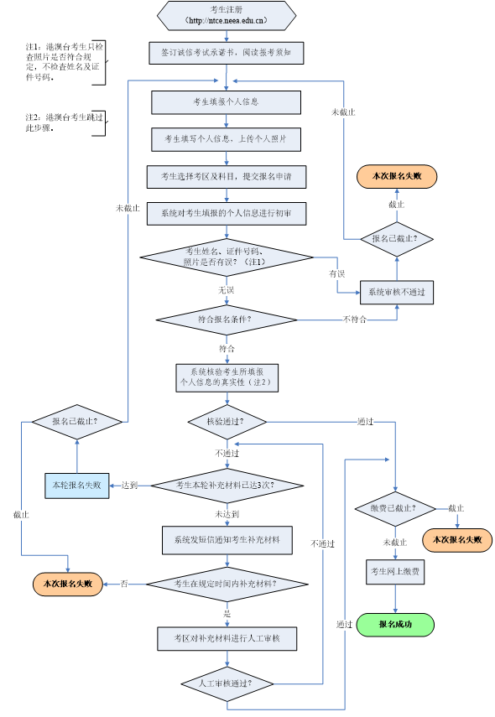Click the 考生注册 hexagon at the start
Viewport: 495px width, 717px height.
(x=227, y=15)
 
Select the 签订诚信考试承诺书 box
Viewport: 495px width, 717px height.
(x=227, y=53)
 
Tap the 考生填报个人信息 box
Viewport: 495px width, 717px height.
(x=226, y=102)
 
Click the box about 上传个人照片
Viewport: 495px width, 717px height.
(x=226, y=139)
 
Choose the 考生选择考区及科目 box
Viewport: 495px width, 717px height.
(x=226, y=177)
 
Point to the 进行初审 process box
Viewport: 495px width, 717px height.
(x=226, y=214)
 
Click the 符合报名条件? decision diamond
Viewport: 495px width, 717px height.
(x=227, y=320)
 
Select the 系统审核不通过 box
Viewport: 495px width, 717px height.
(x=397, y=293)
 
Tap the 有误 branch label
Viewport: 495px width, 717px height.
(x=337, y=274)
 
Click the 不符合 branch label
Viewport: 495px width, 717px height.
(x=355, y=320)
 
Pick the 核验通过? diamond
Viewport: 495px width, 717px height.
(x=227, y=422)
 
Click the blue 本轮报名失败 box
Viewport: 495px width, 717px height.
(x=76, y=485)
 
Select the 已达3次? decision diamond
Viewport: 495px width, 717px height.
(x=227, y=485)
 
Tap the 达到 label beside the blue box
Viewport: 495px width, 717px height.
(x=129, y=485)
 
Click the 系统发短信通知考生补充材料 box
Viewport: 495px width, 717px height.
(x=227, y=540)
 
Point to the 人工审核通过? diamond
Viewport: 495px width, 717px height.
(x=227, y=683)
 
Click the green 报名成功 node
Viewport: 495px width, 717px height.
(x=395, y=625)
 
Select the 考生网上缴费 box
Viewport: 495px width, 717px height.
(x=395, y=572)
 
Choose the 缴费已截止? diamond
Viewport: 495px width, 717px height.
(x=395, y=509)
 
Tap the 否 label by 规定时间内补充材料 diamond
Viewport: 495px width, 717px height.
(x=124, y=584)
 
